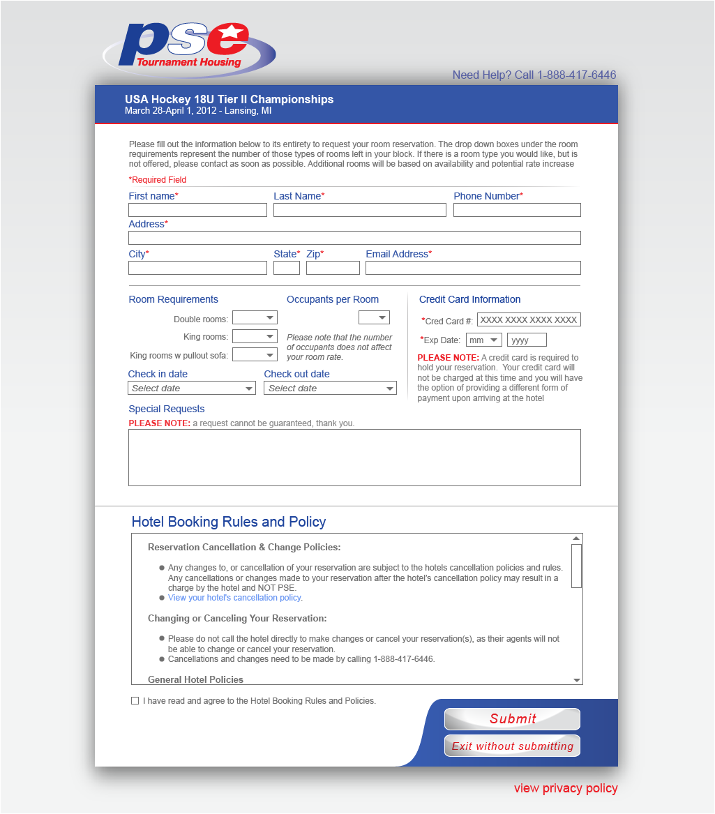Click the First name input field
[197, 210]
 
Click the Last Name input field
[359, 210]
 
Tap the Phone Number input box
[517, 210]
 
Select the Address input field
[354, 238]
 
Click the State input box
[287, 268]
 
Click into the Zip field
[333, 268]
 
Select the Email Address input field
[473, 268]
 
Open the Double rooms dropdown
[255, 318]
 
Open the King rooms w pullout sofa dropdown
[255, 355]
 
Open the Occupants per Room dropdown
[374, 318]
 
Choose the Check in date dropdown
[192, 389]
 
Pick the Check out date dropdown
[330, 389]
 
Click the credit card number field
[529, 320]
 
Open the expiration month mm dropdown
[484, 340]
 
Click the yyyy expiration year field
[527, 340]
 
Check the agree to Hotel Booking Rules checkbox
[135, 701]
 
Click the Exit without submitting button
[512, 746]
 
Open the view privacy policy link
[566, 788]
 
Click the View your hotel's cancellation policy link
[235, 598]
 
